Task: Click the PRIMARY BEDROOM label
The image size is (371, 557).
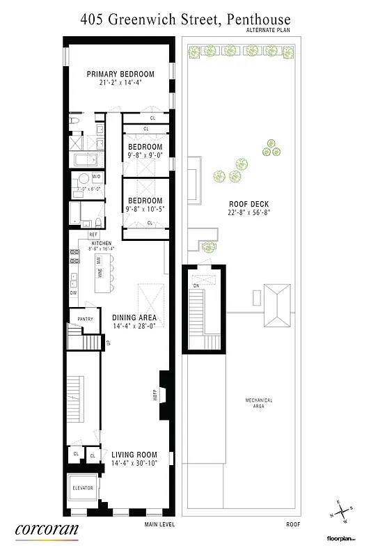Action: (x=120, y=74)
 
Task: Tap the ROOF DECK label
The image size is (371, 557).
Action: (x=243, y=204)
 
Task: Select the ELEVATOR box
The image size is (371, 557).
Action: (x=83, y=488)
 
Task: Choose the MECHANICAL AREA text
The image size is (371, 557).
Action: (x=258, y=402)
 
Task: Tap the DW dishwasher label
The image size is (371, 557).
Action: (x=73, y=293)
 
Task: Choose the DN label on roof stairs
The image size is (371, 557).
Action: (x=197, y=285)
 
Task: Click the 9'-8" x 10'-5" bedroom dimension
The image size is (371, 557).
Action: (x=145, y=208)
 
